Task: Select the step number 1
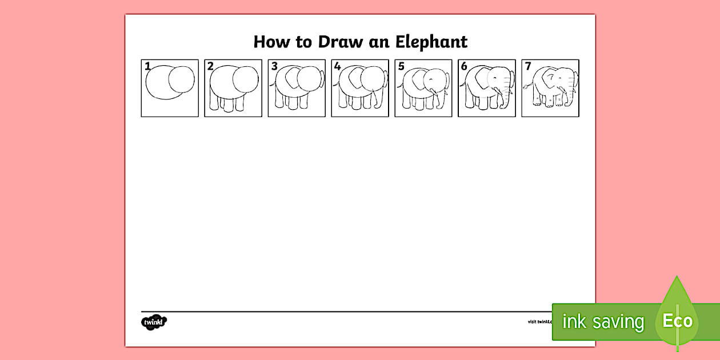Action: pos(147,66)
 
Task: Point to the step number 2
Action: pos(210,66)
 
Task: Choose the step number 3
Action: pos(274,66)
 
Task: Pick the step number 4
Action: pos(338,66)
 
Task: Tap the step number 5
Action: pos(401,66)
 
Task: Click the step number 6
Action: pos(465,66)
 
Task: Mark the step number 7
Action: pos(528,66)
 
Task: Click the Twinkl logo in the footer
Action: pos(154,322)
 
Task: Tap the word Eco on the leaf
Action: pos(677,321)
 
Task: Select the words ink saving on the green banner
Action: pos(602,322)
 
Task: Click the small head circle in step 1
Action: pos(185,78)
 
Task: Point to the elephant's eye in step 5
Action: pos(433,78)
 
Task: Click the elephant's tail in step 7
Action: pos(527,87)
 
